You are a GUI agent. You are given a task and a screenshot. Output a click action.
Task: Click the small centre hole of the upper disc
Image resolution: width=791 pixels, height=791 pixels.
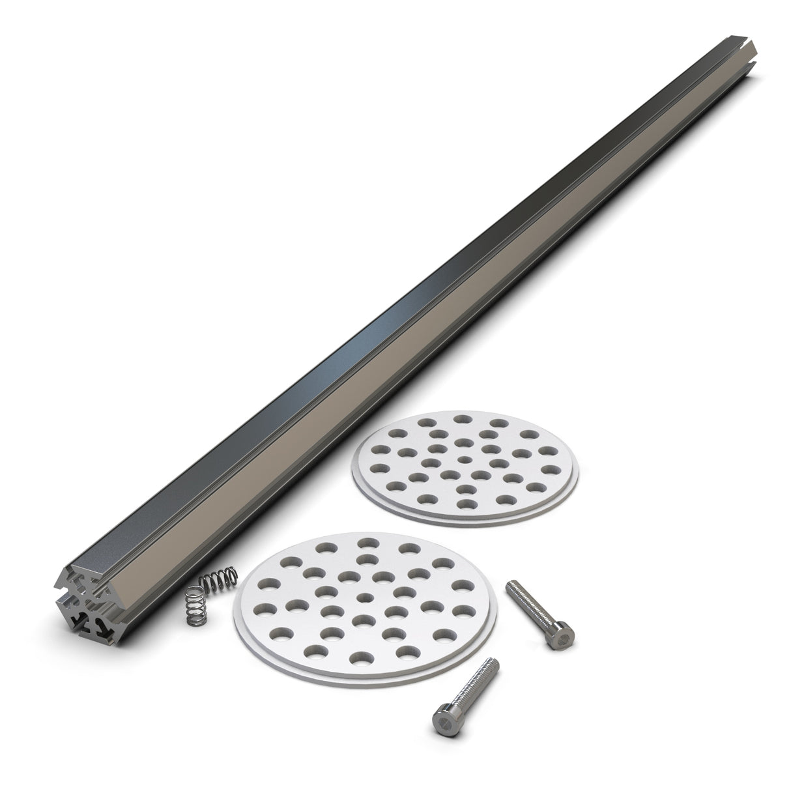point(463,459)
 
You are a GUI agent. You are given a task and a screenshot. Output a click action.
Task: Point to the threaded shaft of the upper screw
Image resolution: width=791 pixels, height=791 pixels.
point(531,603)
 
